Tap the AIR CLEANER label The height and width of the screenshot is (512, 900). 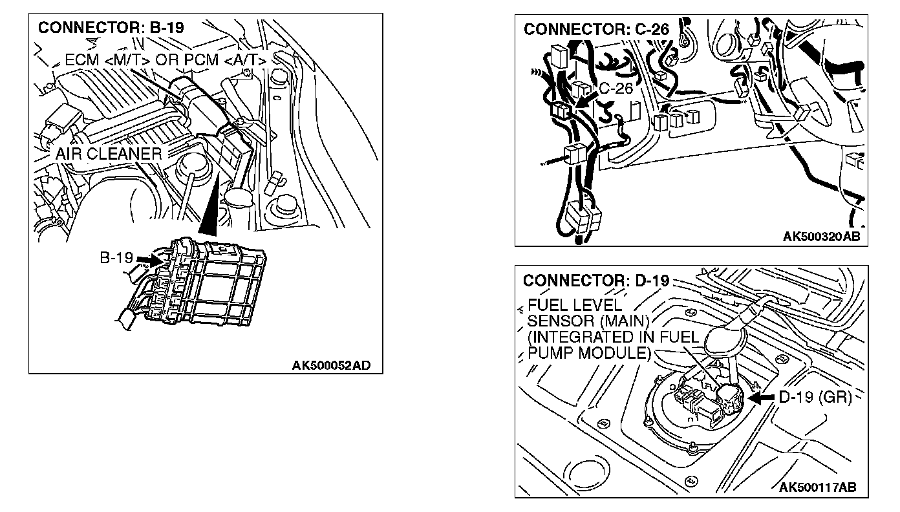click(x=108, y=155)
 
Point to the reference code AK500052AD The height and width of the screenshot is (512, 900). click(x=331, y=366)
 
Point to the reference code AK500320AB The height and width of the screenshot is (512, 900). click(x=821, y=237)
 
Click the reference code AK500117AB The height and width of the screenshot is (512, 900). click(x=818, y=487)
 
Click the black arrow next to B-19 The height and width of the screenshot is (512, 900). click(x=147, y=259)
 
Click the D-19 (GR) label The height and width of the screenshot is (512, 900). click(x=815, y=398)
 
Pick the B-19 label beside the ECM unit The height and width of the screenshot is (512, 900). click(x=116, y=258)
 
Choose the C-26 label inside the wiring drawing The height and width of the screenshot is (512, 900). click(x=615, y=89)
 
